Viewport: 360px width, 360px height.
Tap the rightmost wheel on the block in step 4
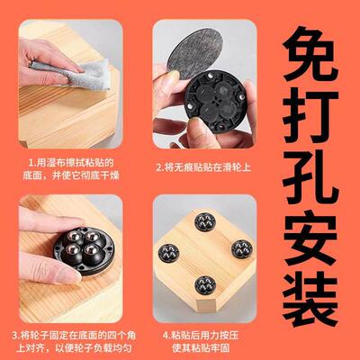pyautogui.click(x=240, y=251)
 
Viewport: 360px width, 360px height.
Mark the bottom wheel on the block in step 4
pyautogui.click(x=206, y=286)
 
